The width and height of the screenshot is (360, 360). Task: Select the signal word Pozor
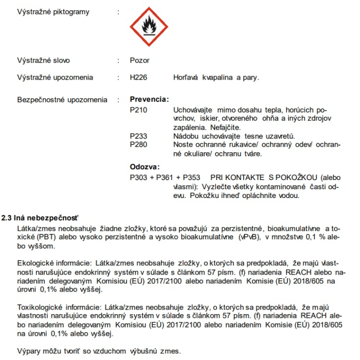[x=140, y=60]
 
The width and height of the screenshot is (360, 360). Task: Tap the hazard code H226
[x=139, y=78]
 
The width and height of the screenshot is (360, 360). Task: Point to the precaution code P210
[x=138, y=110]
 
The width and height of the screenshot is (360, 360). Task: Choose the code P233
[x=138, y=136]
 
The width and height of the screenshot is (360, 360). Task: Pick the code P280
[x=138, y=145]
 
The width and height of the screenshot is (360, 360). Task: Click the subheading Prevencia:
[x=149, y=99]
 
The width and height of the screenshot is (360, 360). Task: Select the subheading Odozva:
[x=145, y=167]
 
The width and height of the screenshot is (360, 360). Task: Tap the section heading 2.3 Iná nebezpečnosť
[x=43, y=218]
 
